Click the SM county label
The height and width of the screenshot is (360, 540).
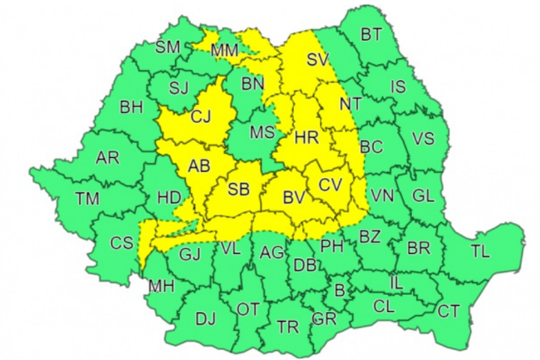coord(168,47)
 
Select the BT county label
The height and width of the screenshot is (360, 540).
coord(371,34)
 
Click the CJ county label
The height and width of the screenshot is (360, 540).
coord(201,117)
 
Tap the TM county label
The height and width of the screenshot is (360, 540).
coord(88,198)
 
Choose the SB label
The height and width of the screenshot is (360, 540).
coord(239,190)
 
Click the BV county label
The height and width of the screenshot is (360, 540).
coord(294,198)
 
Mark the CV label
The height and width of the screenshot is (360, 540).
coord(330,184)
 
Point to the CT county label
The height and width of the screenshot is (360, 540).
coord(449,310)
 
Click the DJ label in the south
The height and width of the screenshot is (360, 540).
coord(205,319)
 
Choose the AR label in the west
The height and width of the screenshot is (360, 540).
coord(108,158)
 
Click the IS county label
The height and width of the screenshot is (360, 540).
coord(398,87)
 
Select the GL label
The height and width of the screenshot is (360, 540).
coord(423,196)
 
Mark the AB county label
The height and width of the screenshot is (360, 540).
coord(199,166)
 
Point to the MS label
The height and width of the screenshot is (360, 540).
coord(262,132)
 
